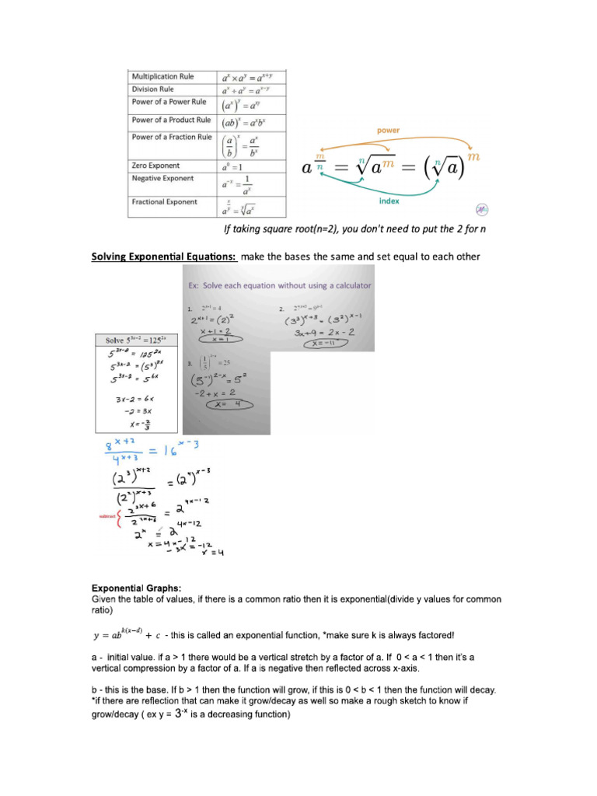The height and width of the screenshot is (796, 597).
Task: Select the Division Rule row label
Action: pyautogui.click(x=152, y=89)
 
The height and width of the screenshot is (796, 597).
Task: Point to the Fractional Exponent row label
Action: pyautogui.click(x=164, y=202)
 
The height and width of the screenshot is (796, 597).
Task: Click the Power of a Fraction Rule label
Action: pyautogui.click(x=171, y=137)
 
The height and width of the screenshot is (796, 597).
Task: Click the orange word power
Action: pyautogui.click(x=389, y=131)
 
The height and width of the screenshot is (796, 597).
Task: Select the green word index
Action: pyautogui.click(x=389, y=201)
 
